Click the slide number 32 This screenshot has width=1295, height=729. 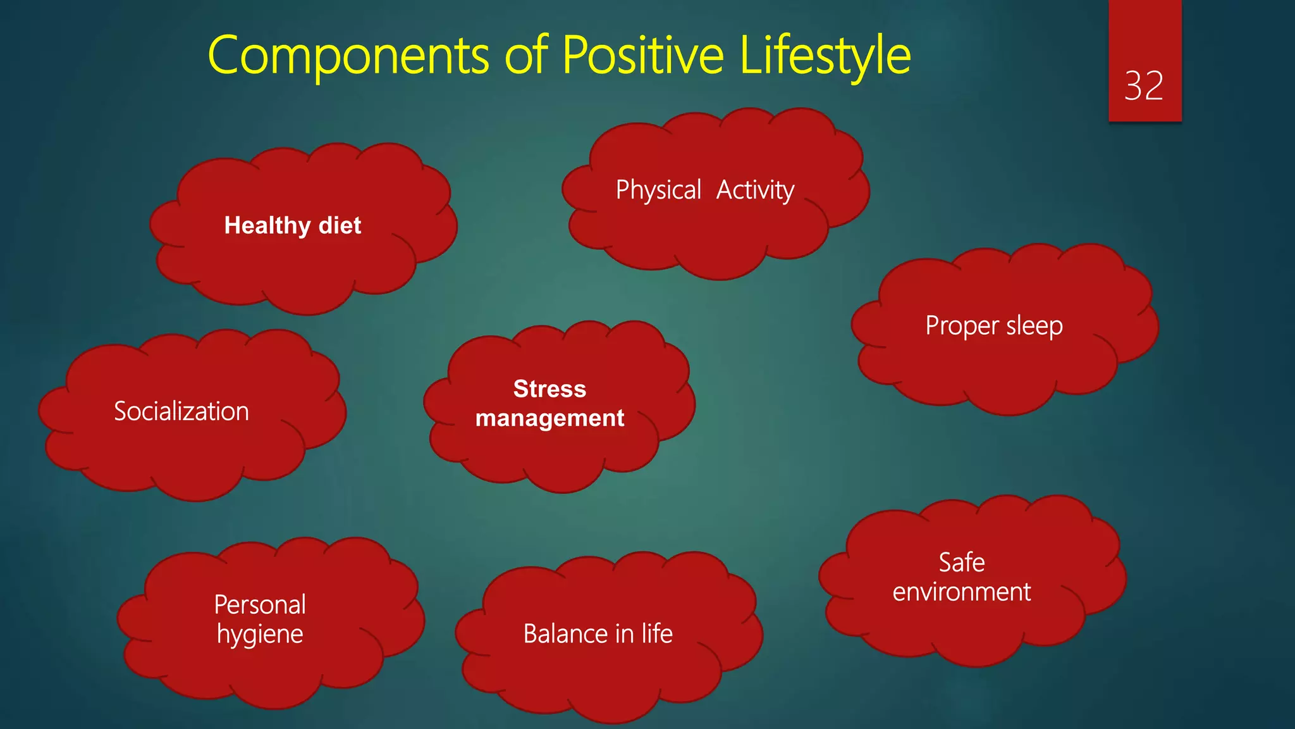pyautogui.click(x=1143, y=86)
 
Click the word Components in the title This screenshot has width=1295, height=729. pyautogui.click(x=348, y=56)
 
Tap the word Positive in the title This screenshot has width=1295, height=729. pyautogui.click(x=642, y=56)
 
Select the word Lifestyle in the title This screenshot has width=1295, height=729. pyautogui.click(x=825, y=56)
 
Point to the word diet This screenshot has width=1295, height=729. pyautogui.click(x=340, y=225)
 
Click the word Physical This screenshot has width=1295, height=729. pyautogui.click(x=658, y=190)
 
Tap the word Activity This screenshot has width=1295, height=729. pyautogui.click(x=755, y=190)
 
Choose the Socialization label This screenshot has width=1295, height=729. pyautogui.click(x=181, y=412)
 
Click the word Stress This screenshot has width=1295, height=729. pyautogui.click(x=549, y=389)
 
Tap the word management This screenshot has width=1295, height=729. pyautogui.click(x=549, y=418)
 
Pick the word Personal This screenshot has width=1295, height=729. pyautogui.click(x=260, y=605)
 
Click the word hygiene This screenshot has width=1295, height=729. pyautogui.click(x=260, y=635)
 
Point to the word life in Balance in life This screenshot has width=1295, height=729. pyautogui.click(x=657, y=634)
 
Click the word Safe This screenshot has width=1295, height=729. pyautogui.click(x=961, y=563)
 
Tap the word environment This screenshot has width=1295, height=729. pyautogui.click(x=961, y=592)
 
